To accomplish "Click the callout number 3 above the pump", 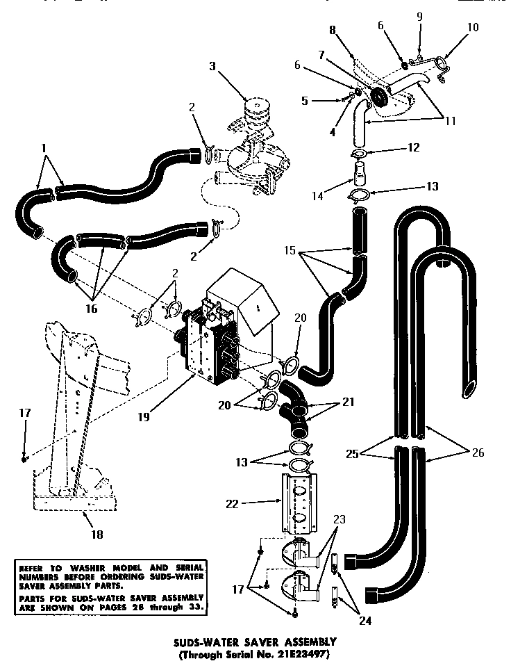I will [x=212, y=67].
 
